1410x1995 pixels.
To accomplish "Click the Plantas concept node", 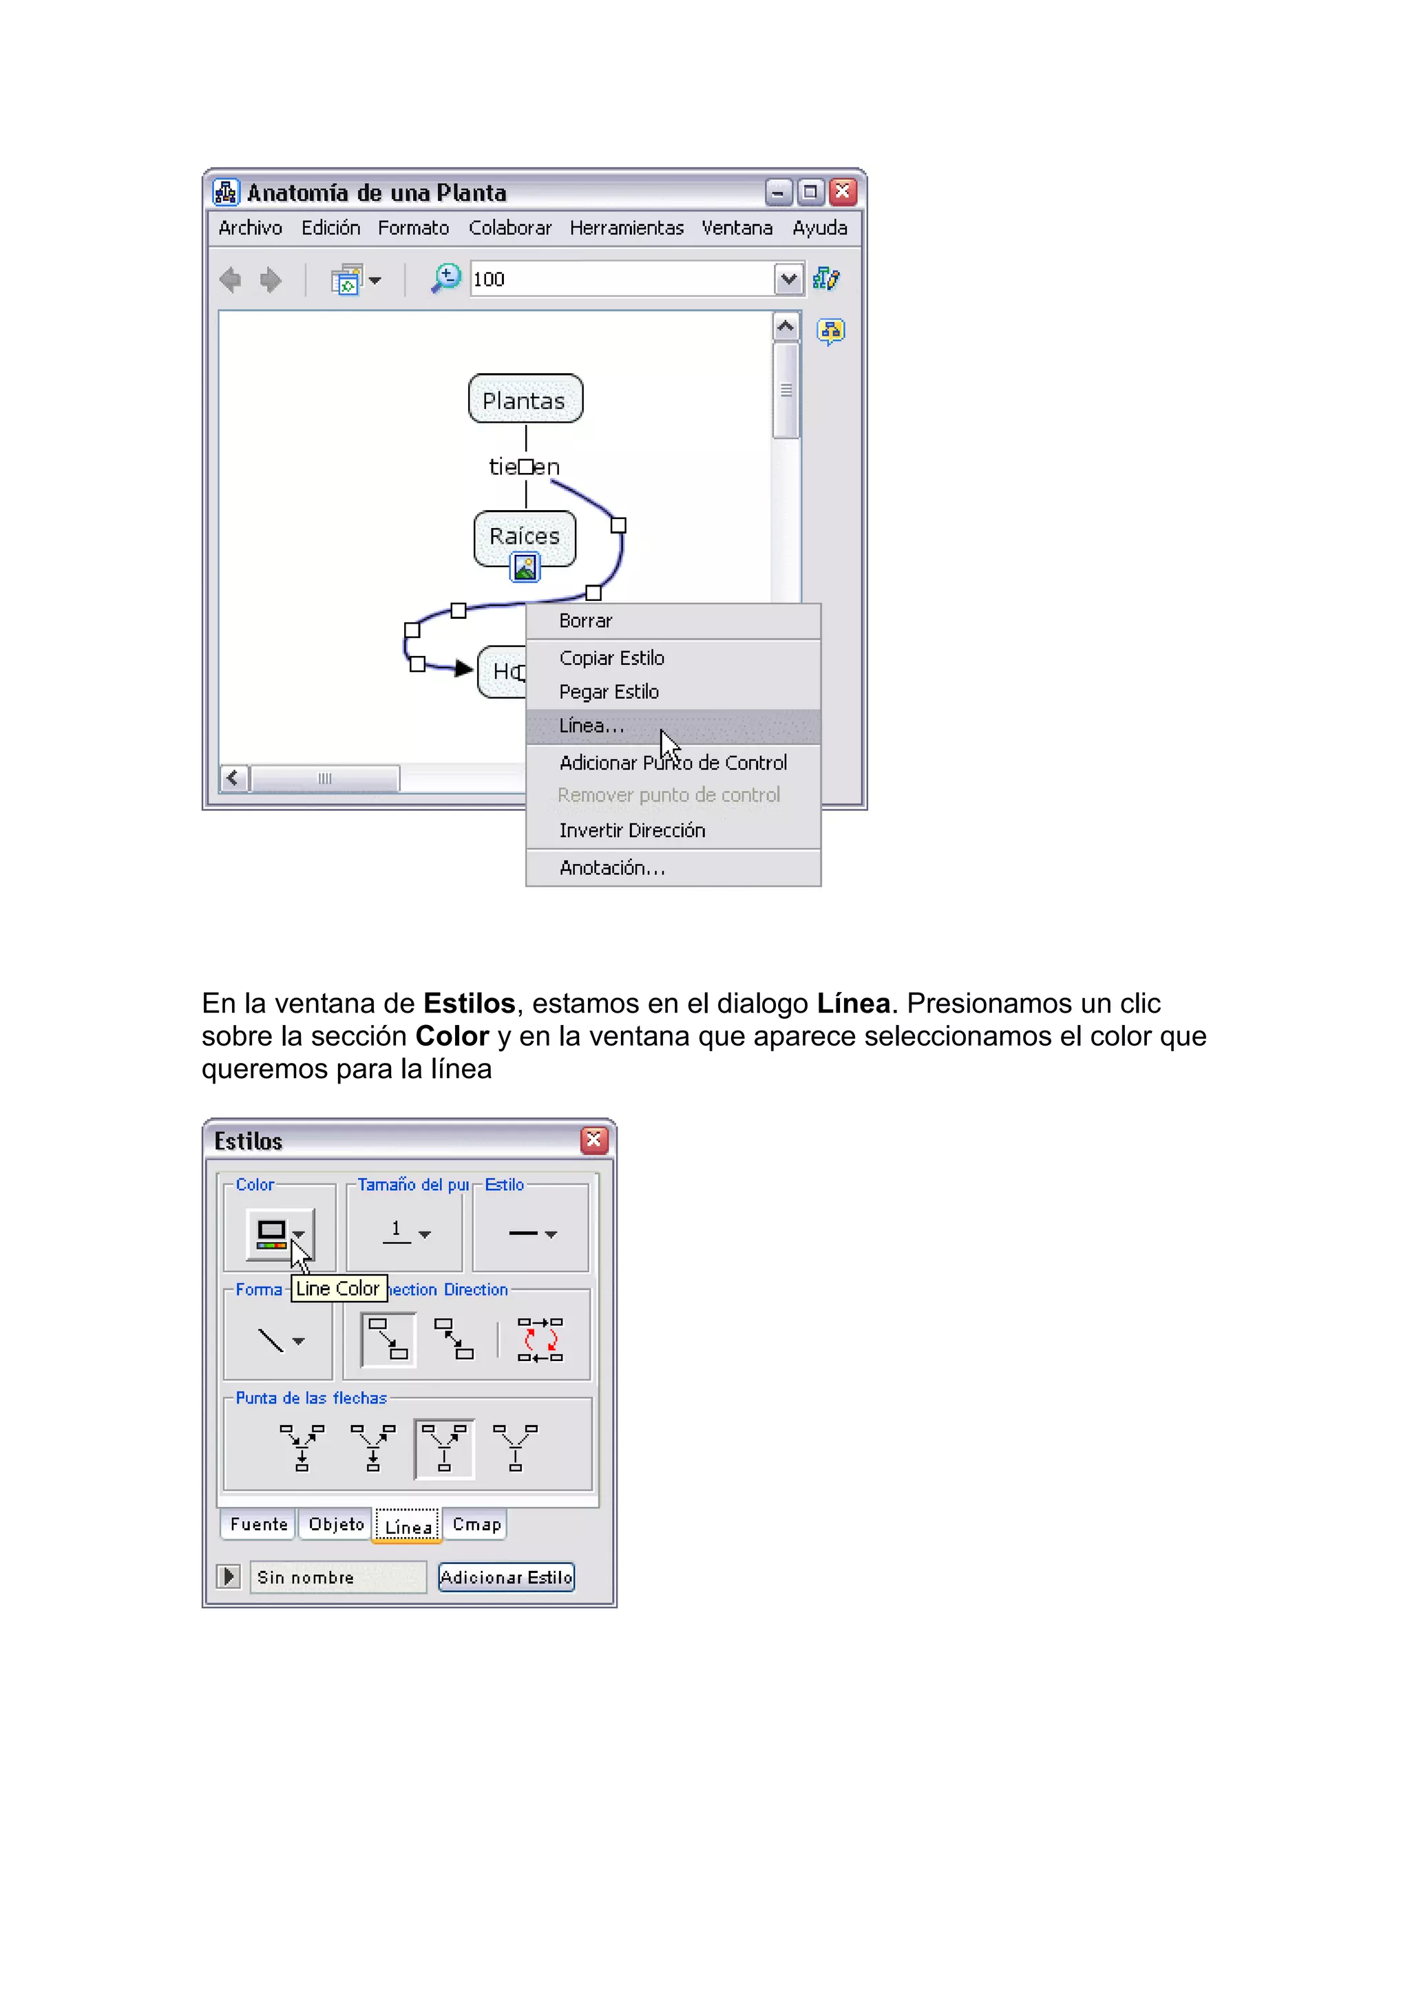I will coord(525,400).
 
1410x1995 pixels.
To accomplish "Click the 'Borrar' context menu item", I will coord(585,621).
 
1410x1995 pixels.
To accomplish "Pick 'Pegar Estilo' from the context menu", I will coord(609,693).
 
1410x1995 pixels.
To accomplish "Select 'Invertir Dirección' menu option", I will coord(631,831).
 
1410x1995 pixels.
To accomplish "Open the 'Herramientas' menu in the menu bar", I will coord(627,228).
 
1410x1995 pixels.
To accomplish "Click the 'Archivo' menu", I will coord(250,228).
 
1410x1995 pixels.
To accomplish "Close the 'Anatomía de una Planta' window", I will coord(843,192).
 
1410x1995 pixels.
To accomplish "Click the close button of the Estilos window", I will coord(594,1140).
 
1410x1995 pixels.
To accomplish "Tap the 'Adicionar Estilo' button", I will coord(505,1577).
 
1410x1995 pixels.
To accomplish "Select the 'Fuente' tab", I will coord(258,1524).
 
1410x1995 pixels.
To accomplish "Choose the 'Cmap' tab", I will coord(476,1524).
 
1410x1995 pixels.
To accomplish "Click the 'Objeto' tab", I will coord(336,1524).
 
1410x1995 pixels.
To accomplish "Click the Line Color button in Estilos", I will coord(278,1234).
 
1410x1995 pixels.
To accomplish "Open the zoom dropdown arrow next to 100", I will coord(788,279).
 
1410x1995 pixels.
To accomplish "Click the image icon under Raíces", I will coord(525,567).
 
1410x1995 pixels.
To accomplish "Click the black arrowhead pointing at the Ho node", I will coord(464,668).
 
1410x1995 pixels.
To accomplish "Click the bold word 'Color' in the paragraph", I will coord(452,1037).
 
